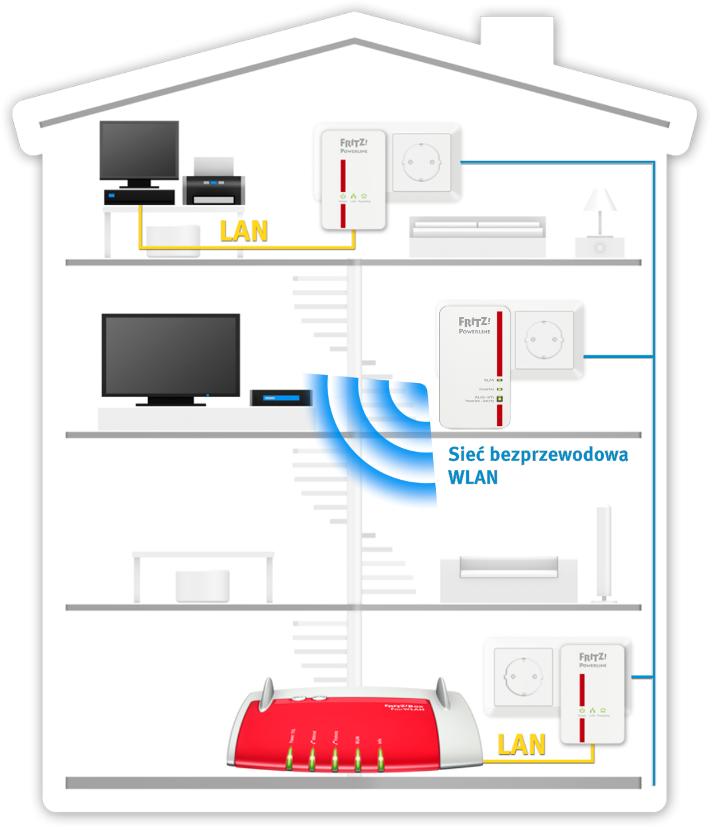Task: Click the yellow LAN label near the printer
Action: pyautogui.click(x=243, y=231)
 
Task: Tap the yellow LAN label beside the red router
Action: pyautogui.click(x=521, y=744)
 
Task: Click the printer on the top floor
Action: pyautogui.click(x=214, y=182)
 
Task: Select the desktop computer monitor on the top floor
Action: pyautogui.click(x=139, y=150)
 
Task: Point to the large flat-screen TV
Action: pyautogui.click(x=171, y=355)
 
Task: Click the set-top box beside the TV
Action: pyautogui.click(x=281, y=398)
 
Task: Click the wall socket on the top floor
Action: pyautogui.click(x=422, y=162)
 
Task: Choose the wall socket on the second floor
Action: pyautogui.click(x=544, y=339)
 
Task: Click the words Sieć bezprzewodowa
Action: pyautogui.click(x=538, y=455)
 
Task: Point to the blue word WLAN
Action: pyautogui.click(x=472, y=477)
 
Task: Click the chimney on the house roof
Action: pyautogui.click(x=517, y=40)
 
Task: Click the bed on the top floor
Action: pyautogui.click(x=478, y=236)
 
